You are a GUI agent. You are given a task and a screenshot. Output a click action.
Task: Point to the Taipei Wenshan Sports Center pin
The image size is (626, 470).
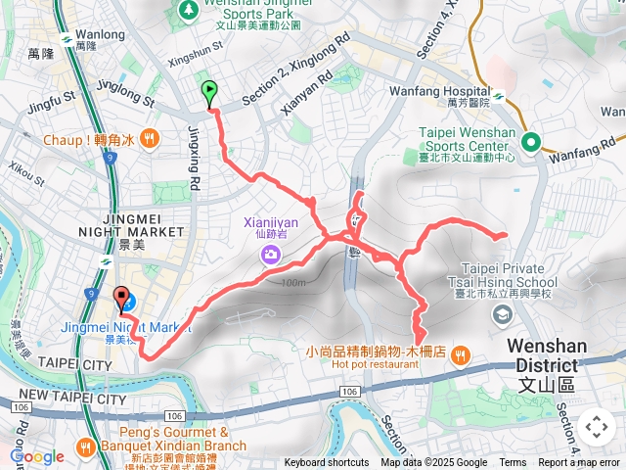(x=532, y=143)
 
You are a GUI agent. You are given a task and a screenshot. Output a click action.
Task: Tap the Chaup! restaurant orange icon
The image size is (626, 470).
(x=148, y=139)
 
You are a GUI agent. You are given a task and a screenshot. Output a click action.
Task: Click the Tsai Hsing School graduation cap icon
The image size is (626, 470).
(x=503, y=314)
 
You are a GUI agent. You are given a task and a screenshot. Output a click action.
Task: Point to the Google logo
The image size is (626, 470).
(x=37, y=456)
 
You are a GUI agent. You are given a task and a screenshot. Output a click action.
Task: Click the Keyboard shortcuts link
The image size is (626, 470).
(x=328, y=463)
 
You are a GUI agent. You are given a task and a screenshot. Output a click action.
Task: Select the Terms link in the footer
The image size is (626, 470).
(x=513, y=463)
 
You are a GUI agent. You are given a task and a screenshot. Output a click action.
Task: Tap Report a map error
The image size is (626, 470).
(x=579, y=463)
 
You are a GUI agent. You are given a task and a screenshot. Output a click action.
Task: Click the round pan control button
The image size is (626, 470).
(x=596, y=427)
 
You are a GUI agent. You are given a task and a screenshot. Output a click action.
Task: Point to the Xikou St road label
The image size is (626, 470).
(x=27, y=172)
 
